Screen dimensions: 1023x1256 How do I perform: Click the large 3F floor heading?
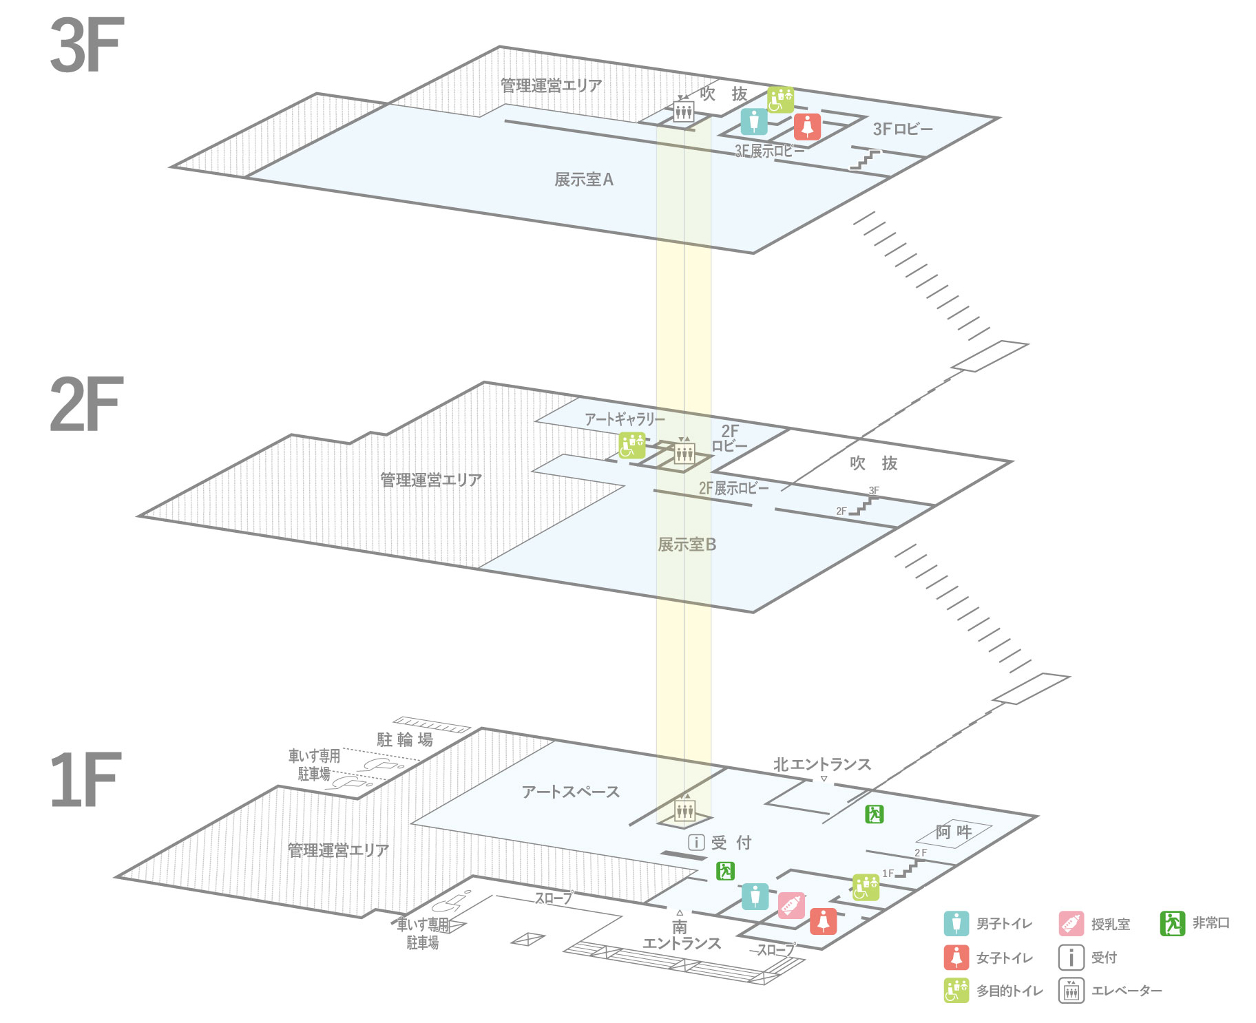click(87, 46)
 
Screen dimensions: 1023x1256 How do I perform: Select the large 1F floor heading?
click(85, 780)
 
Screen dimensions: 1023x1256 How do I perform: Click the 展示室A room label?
click(583, 180)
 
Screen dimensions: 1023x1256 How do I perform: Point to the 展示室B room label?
click(687, 545)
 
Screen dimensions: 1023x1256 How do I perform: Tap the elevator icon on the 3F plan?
click(683, 111)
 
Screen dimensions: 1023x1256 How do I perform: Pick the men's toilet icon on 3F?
click(754, 122)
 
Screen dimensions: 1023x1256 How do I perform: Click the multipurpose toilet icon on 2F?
click(631, 445)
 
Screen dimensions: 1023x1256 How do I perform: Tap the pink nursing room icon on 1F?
click(791, 905)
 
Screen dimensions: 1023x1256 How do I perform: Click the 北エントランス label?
click(821, 764)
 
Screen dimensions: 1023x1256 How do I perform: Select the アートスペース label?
click(570, 792)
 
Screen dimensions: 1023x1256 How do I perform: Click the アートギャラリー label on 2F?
click(625, 419)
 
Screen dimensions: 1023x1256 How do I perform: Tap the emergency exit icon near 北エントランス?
click(874, 814)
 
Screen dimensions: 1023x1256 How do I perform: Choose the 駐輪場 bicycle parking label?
click(405, 740)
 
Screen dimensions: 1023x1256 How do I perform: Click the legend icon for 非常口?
click(1171, 923)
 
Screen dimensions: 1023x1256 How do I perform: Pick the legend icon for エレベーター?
click(1071, 991)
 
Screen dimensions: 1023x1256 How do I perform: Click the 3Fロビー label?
click(903, 129)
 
